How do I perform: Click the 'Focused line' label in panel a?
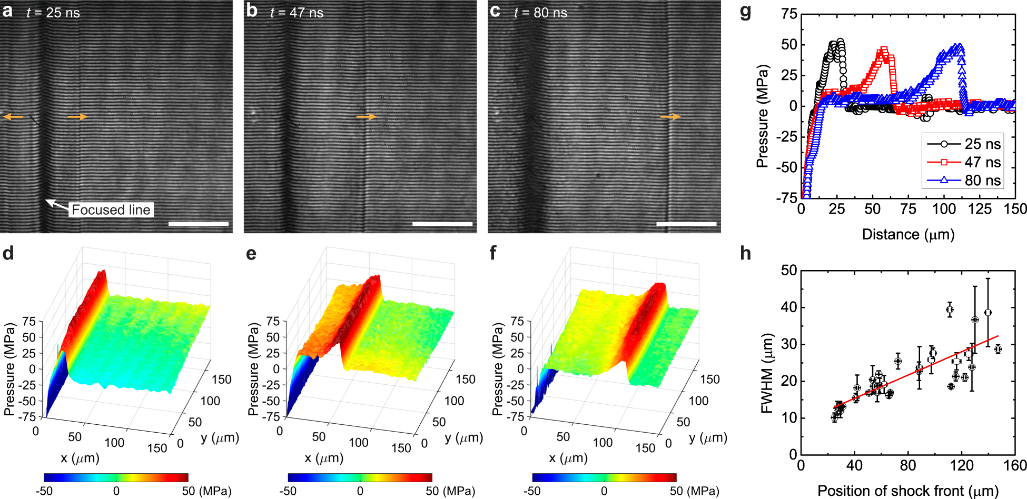(x=111, y=209)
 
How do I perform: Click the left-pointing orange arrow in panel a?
(x=13, y=117)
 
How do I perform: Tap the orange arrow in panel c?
(x=670, y=117)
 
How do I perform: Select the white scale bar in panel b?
(x=442, y=224)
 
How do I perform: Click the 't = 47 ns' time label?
(x=297, y=13)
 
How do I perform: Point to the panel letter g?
(x=745, y=12)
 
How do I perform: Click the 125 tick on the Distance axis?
(x=980, y=209)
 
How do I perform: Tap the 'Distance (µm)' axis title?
(x=908, y=234)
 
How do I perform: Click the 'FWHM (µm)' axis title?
(x=767, y=373)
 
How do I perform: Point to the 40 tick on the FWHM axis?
(x=789, y=307)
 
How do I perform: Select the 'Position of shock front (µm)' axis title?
(x=908, y=491)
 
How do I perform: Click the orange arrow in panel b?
(x=367, y=117)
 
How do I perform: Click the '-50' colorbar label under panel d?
(x=44, y=491)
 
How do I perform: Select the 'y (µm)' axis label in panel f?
(x=708, y=437)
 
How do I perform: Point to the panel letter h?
(x=745, y=254)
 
